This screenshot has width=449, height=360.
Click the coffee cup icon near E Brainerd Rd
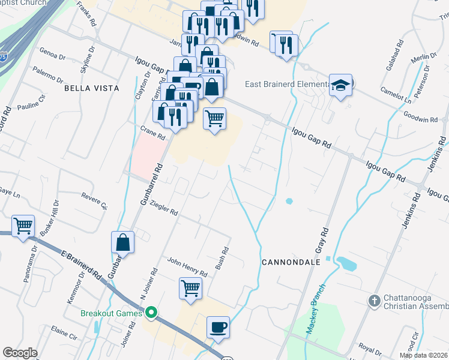[x=218, y=328]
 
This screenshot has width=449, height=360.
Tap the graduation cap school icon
[x=340, y=85]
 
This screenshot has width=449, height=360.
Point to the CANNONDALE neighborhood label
[x=288, y=262]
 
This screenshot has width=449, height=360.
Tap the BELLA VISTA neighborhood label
[x=92, y=88]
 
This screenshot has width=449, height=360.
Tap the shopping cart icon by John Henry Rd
[x=190, y=287]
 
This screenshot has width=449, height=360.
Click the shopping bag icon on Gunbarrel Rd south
[x=122, y=242]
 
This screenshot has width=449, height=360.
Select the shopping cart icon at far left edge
[x=23, y=226]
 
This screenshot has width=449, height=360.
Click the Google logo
[x=20, y=352]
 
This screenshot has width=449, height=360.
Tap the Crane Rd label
[x=152, y=133]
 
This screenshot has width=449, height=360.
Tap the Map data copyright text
[x=423, y=355]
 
